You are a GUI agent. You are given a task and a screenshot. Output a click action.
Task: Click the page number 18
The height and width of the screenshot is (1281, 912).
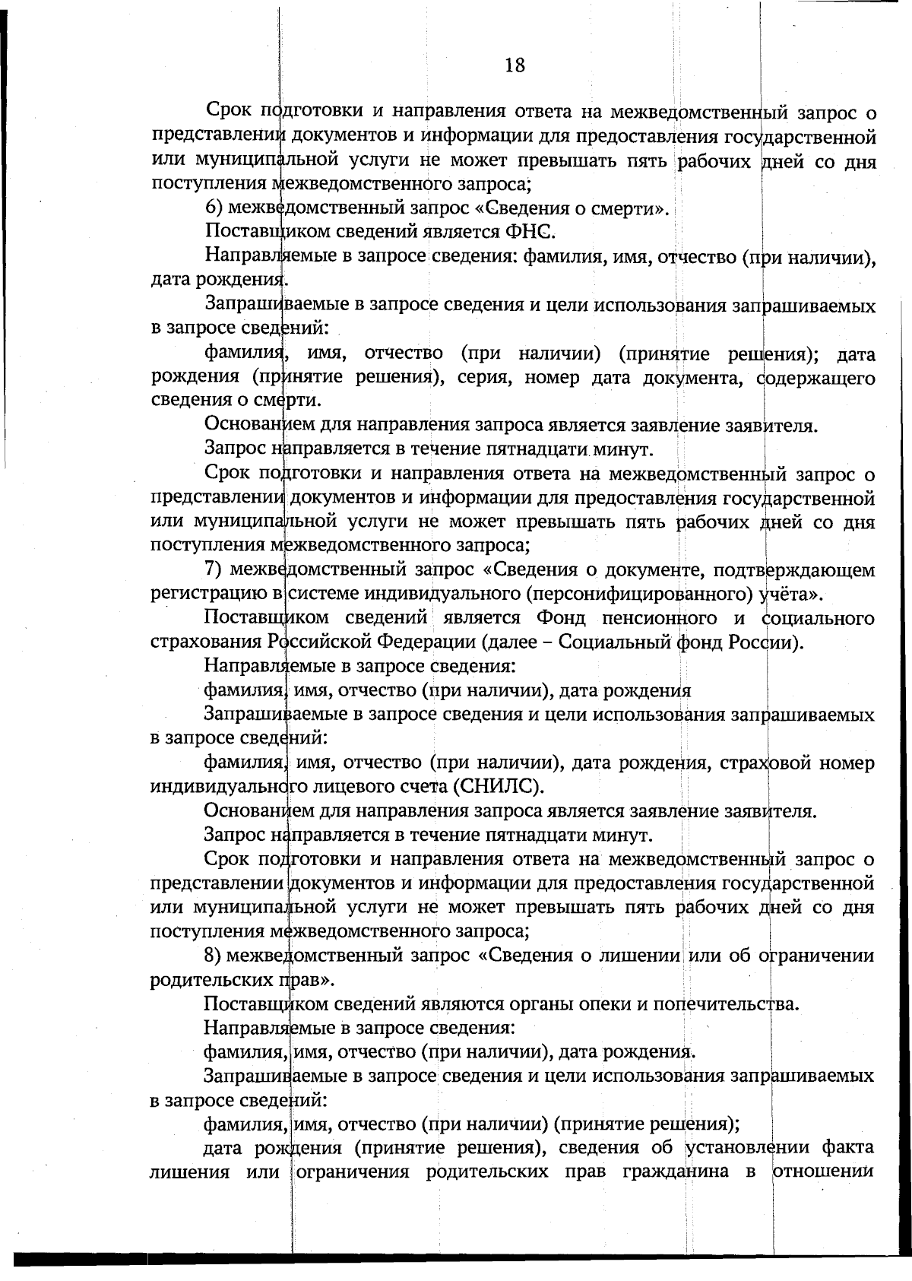tap(515, 65)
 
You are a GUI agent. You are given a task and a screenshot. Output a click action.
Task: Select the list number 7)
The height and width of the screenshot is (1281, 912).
tap(214, 570)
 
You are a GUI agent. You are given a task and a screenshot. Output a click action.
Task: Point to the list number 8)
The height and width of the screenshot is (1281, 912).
tap(214, 956)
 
